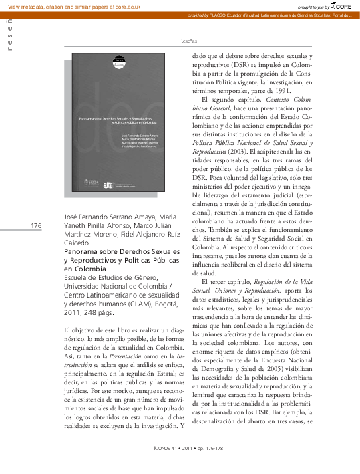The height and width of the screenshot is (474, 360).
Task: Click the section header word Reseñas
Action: click(x=188, y=41)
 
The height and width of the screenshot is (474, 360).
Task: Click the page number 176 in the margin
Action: click(x=37, y=227)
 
